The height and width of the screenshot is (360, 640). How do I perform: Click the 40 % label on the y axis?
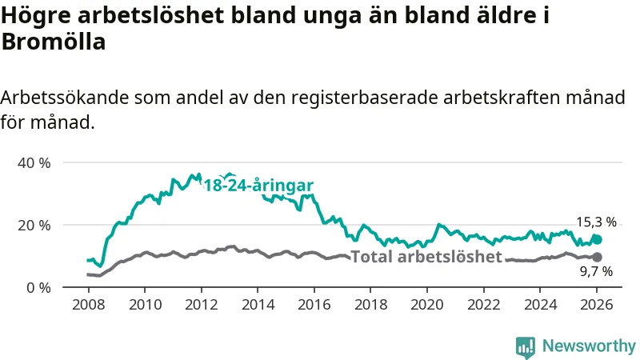34,162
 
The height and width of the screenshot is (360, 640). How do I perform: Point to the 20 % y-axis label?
34,225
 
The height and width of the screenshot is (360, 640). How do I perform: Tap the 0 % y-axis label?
38,287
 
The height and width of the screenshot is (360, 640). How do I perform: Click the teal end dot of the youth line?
596,239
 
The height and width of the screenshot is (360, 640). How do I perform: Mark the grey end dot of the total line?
596,257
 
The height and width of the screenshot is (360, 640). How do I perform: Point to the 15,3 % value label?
596,222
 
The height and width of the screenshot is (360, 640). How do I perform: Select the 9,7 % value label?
596,272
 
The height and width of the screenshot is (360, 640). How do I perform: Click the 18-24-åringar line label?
258,186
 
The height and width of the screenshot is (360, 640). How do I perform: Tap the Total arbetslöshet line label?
426,257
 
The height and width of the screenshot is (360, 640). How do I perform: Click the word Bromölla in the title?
54,42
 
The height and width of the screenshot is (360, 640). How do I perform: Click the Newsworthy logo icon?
526,346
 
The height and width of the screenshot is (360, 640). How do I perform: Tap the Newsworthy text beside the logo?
589,346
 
